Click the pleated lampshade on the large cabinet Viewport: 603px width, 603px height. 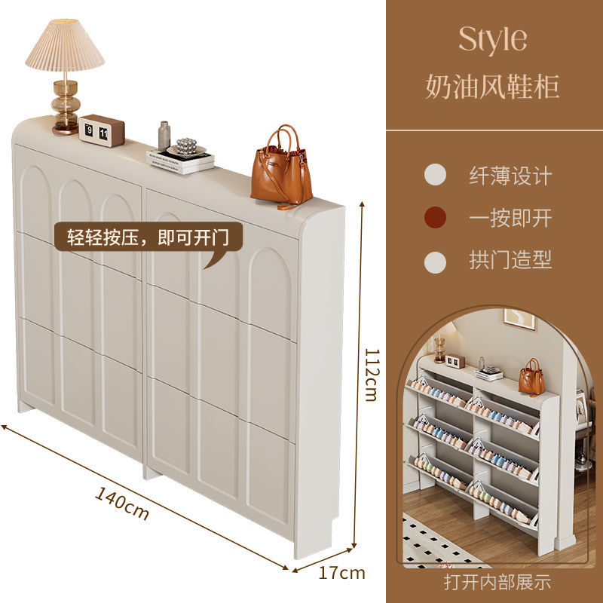(x=65, y=47)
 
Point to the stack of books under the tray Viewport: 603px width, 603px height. (x=180, y=161)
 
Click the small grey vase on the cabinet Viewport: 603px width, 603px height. (x=164, y=136)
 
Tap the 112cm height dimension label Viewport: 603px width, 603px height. (x=370, y=374)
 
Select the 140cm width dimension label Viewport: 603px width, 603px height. (x=123, y=504)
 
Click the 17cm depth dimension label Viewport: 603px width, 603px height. (x=341, y=573)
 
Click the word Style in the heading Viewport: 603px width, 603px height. (x=493, y=40)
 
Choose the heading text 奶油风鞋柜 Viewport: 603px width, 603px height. (x=493, y=87)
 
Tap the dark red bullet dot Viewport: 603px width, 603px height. (x=435, y=219)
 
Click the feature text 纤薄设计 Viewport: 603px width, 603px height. (x=510, y=176)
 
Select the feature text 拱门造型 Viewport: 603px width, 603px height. (x=510, y=261)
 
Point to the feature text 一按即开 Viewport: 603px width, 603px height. (x=510, y=219)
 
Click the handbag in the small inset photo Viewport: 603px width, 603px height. (x=531, y=376)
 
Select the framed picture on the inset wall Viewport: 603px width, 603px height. (x=519, y=320)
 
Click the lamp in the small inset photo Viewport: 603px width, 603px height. (x=440, y=343)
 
